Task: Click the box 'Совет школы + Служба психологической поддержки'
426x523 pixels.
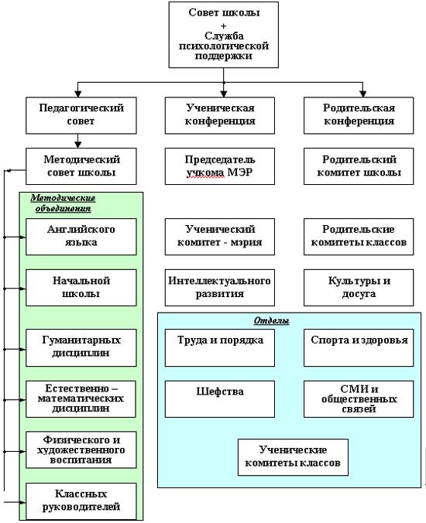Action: click(x=223, y=35)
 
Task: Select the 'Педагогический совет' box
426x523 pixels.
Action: click(x=81, y=115)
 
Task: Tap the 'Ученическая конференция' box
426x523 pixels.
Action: click(x=220, y=115)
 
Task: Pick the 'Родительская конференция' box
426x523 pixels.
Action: click(x=359, y=115)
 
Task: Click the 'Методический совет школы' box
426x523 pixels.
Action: click(x=81, y=166)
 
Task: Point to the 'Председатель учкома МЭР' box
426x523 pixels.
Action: click(x=220, y=166)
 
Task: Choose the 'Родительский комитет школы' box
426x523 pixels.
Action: click(x=359, y=166)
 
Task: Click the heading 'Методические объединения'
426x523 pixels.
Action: click(x=63, y=203)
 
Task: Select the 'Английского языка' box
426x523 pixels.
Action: click(x=81, y=237)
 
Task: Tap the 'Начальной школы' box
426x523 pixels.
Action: click(x=81, y=288)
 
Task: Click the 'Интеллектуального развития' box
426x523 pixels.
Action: click(x=220, y=288)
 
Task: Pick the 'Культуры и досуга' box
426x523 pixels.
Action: click(x=359, y=288)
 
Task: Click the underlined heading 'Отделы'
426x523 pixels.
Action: click(x=271, y=320)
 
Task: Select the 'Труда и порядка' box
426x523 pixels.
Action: click(x=220, y=348)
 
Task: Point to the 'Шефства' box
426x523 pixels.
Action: click(x=220, y=399)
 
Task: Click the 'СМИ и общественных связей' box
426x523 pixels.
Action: click(x=359, y=399)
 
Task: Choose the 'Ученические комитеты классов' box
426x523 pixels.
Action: click(x=293, y=457)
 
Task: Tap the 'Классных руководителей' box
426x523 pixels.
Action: click(x=81, y=501)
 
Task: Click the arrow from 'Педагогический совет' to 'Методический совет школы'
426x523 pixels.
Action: click(x=77, y=141)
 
